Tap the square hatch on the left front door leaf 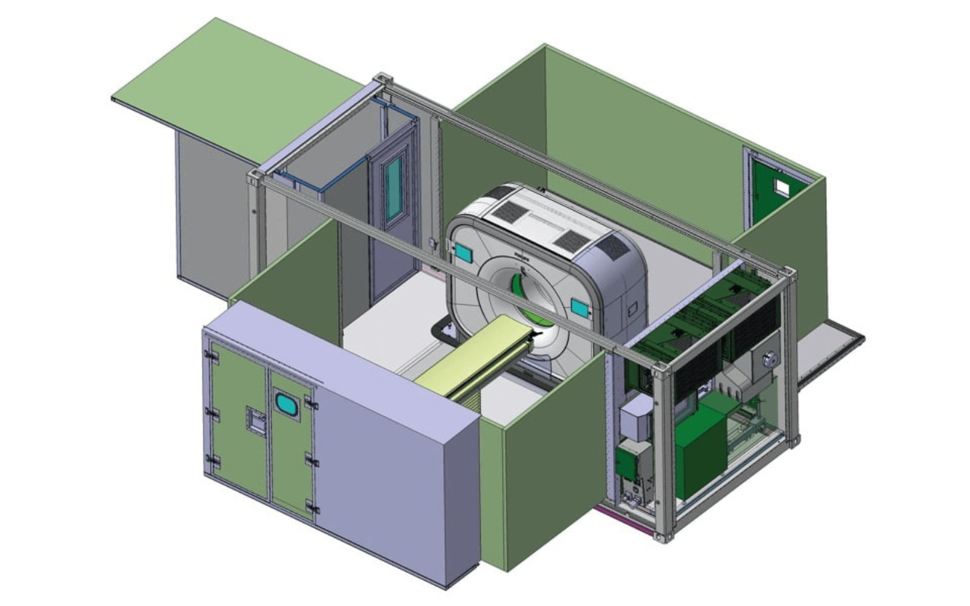coord(256,421)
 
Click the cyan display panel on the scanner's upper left coord(463,253)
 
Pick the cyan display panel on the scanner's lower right coord(580,308)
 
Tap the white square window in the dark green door coord(781,188)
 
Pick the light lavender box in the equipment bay coord(635,418)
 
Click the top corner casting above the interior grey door coord(383,79)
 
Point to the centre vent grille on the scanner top coord(570,241)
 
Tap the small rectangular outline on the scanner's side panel coord(632,310)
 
